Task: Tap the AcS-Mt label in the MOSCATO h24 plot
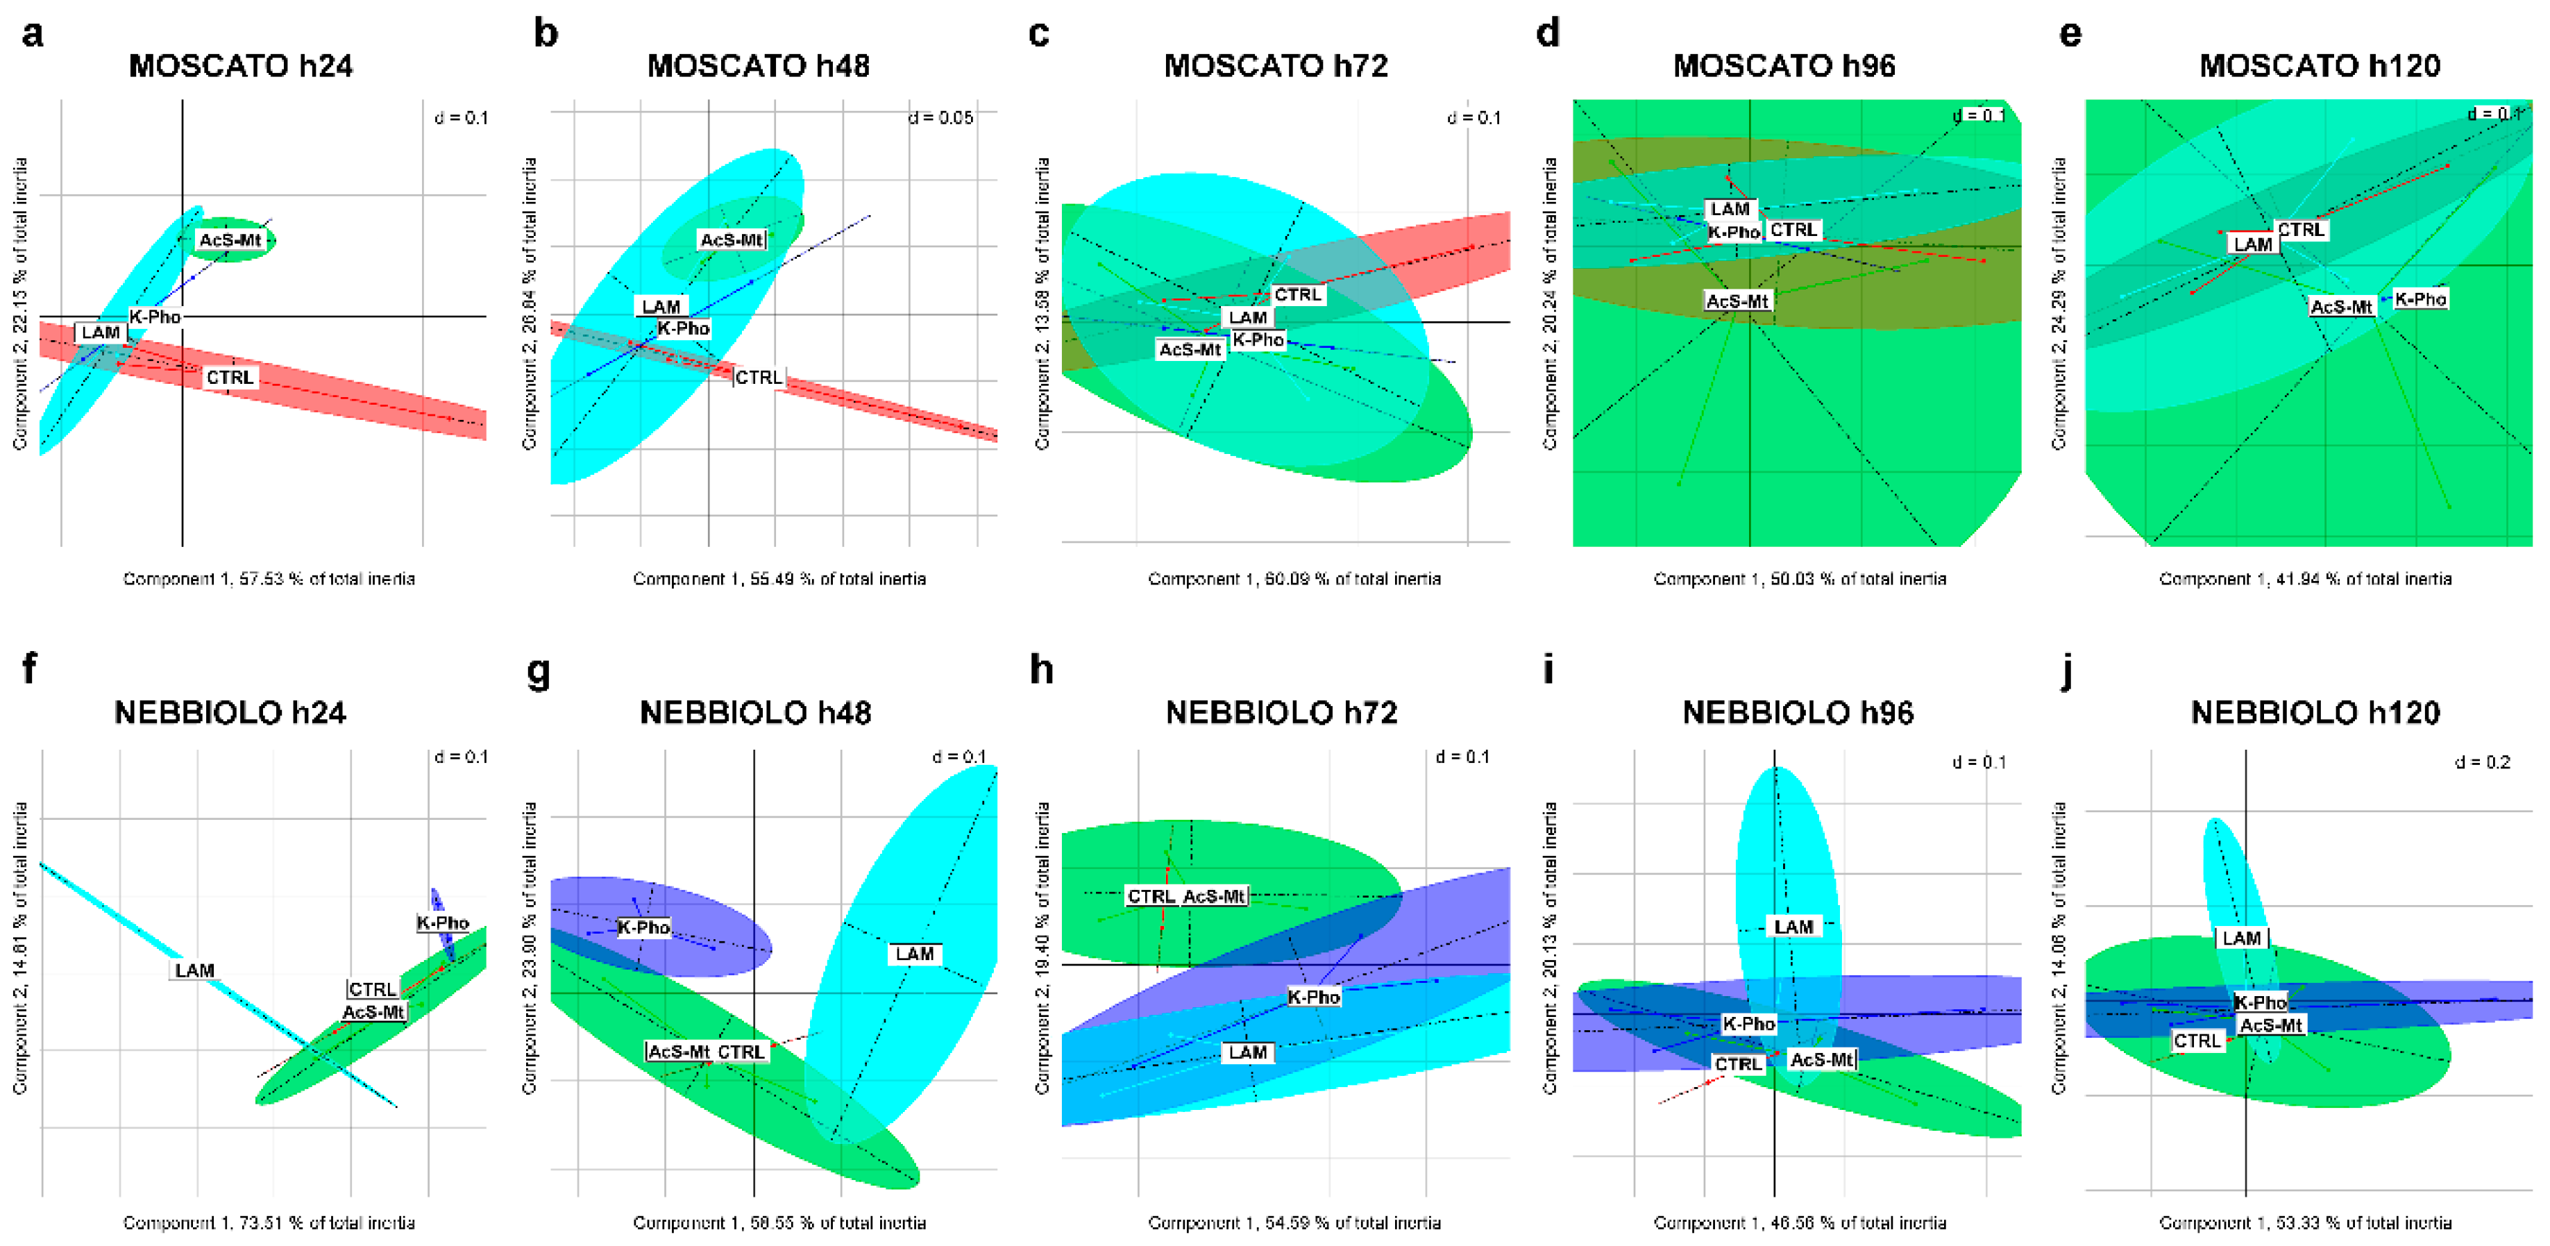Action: point(230,239)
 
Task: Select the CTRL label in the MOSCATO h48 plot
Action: point(759,377)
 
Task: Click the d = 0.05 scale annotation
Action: point(940,118)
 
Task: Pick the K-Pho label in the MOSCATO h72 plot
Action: point(1258,339)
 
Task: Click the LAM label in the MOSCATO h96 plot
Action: point(1730,209)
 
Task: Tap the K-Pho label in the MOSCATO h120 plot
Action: point(2420,299)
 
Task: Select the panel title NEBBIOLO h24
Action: point(230,713)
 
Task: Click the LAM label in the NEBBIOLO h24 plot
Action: point(194,970)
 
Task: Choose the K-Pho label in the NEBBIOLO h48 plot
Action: point(643,927)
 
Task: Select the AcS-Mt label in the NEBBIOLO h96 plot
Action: point(1821,1059)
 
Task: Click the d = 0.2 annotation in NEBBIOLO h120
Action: point(2483,762)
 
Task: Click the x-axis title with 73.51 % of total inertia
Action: point(269,1222)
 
